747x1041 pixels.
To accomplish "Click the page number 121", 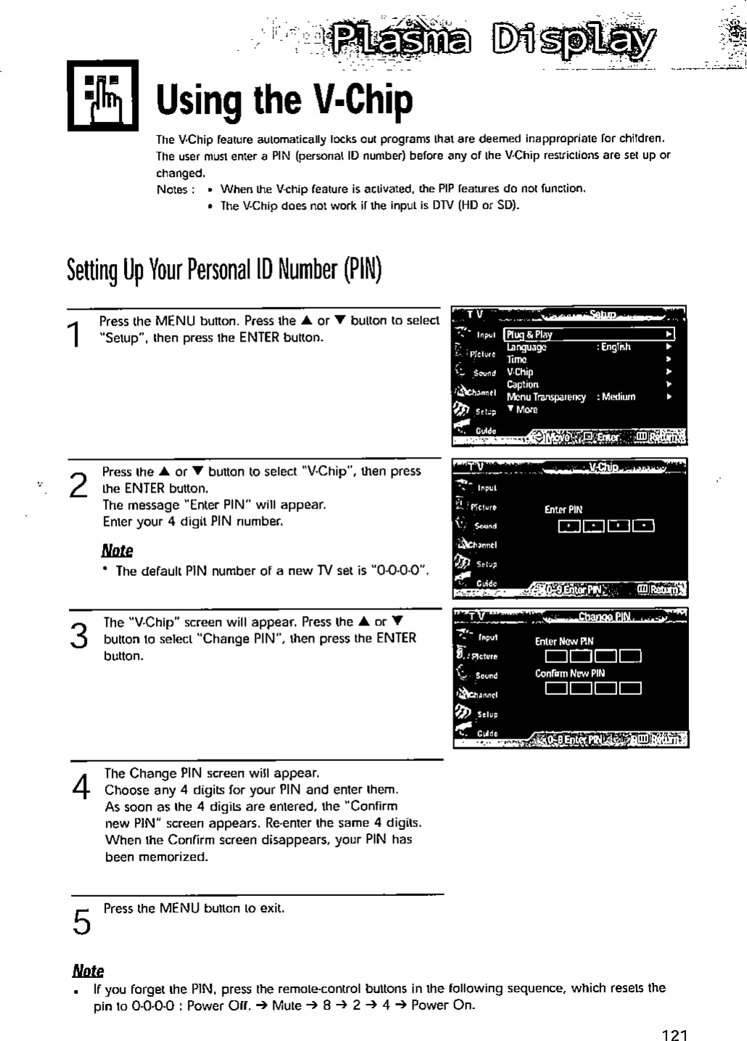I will point(674,1034).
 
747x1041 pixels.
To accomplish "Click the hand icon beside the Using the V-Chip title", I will point(102,95).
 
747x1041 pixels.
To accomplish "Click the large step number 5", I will point(82,921).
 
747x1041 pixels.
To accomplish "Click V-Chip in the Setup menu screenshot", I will point(520,372).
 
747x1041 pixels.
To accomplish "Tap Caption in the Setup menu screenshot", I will point(522,384).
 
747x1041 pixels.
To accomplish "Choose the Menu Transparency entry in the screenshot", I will point(546,397).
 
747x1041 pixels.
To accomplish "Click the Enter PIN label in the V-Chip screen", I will point(564,509).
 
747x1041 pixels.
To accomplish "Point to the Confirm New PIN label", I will point(569,672).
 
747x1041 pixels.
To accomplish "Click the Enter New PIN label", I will point(564,641).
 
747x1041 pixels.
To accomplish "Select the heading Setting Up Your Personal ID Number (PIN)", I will point(224,271).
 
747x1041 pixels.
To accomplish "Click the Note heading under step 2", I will point(117,550).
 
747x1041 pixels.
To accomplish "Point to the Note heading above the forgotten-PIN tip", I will point(88,971).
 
